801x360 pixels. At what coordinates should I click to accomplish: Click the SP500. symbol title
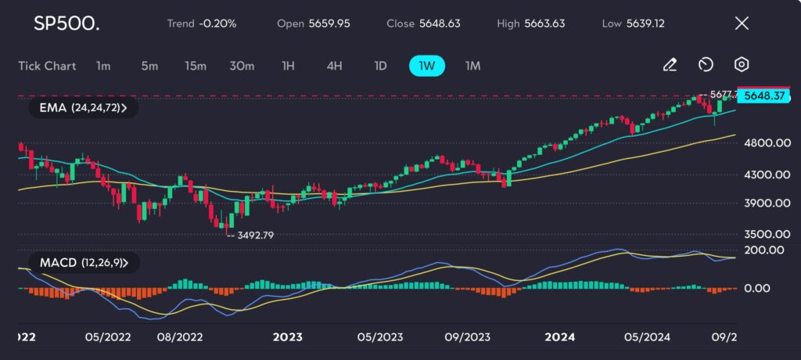66,23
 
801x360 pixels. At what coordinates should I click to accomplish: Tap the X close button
742,23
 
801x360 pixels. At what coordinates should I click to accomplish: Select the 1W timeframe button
426,66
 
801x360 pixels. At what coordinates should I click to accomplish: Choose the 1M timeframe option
472,66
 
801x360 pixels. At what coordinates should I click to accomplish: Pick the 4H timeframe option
334,66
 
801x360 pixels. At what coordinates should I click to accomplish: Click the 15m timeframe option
195,66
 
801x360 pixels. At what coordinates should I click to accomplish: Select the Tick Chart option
47,66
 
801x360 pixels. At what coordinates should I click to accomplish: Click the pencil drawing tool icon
670,65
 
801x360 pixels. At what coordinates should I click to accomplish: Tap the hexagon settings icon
742,65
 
